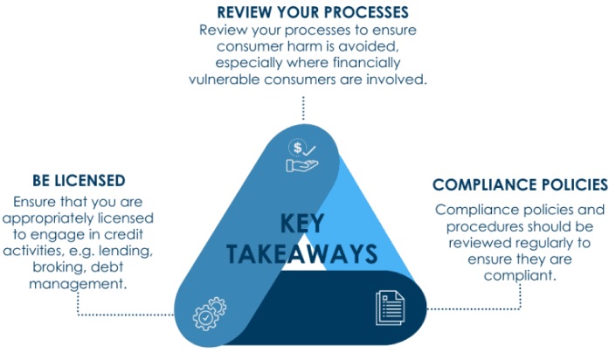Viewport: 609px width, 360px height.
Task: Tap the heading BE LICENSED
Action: pyautogui.click(x=79, y=180)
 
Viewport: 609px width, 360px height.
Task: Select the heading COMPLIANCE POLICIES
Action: pyautogui.click(x=520, y=185)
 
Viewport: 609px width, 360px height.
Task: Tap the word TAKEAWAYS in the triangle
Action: pyautogui.click(x=302, y=253)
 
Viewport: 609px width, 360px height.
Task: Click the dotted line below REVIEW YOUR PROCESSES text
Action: pyautogui.click(x=302, y=107)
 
